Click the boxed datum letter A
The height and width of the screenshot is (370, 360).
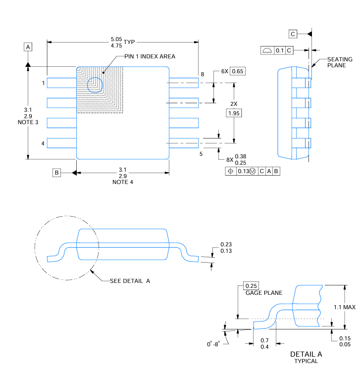(x=28, y=47)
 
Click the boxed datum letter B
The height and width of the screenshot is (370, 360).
(x=57, y=173)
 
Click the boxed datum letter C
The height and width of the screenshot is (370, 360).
(x=293, y=34)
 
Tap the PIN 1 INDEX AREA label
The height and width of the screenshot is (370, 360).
(x=150, y=56)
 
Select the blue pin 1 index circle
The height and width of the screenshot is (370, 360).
(x=94, y=85)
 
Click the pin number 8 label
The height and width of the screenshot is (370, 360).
(x=202, y=74)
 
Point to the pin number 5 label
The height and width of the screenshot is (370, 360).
(x=201, y=154)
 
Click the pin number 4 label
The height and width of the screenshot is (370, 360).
(x=43, y=143)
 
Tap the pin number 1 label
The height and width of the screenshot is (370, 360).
(x=43, y=83)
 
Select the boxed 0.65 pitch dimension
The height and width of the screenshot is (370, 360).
(x=238, y=71)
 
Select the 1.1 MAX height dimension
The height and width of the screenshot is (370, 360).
(x=344, y=307)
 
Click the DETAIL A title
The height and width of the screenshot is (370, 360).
(x=306, y=354)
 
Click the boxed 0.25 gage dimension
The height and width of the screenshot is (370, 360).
(x=251, y=286)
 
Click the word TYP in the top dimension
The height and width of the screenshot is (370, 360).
(x=129, y=42)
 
